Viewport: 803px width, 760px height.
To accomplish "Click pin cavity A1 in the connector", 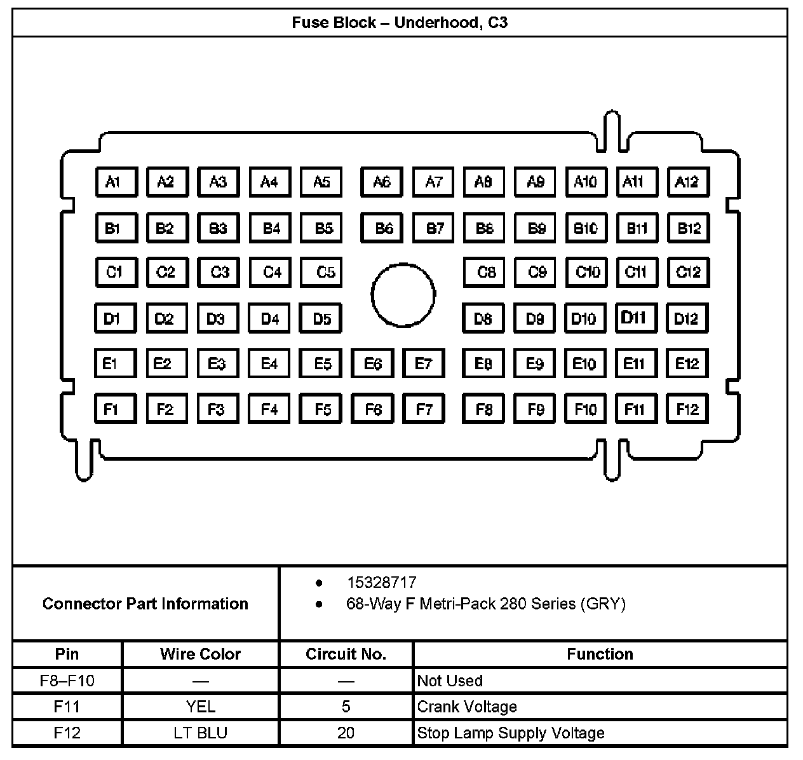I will [x=116, y=182].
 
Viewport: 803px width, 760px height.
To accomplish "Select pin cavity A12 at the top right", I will [x=688, y=182].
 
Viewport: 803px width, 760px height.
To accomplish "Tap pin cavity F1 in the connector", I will [x=115, y=409].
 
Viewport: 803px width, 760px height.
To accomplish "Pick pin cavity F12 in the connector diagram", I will [x=687, y=409].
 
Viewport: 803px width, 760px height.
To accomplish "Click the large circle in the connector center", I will [x=403, y=295].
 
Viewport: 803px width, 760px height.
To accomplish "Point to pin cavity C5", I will [x=321, y=272].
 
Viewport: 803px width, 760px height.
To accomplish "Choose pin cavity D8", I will [x=483, y=318].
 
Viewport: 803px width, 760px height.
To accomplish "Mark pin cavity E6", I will [x=372, y=363].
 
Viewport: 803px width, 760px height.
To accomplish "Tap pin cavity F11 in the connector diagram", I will [x=636, y=409].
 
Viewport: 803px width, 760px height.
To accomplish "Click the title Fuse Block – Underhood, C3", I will [x=400, y=23].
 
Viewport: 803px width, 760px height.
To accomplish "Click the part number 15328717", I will [x=381, y=582].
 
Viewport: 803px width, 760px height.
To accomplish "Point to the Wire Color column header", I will [x=200, y=654].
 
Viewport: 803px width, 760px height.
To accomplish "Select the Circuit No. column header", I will [x=346, y=654].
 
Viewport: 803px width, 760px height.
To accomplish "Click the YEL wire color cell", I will [x=200, y=707].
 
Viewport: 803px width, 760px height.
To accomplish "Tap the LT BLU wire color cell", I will [x=200, y=733].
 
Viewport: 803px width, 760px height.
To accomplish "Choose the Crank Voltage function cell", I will [x=467, y=707].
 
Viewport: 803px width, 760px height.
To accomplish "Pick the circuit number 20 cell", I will [x=346, y=733].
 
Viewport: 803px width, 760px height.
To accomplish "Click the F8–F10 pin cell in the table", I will [x=67, y=681].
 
